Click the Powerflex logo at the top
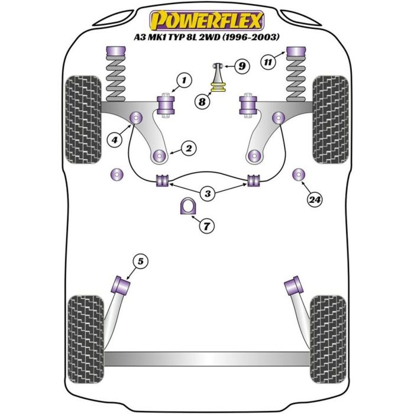click(x=206, y=21)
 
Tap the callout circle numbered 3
click(x=206, y=193)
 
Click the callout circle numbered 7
click(x=206, y=225)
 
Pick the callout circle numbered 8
click(x=202, y=102)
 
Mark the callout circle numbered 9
click(x=241, y=66)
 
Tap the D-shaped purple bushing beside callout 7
click(x=187, y=207)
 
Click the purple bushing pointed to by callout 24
click(x=298, y=174)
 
